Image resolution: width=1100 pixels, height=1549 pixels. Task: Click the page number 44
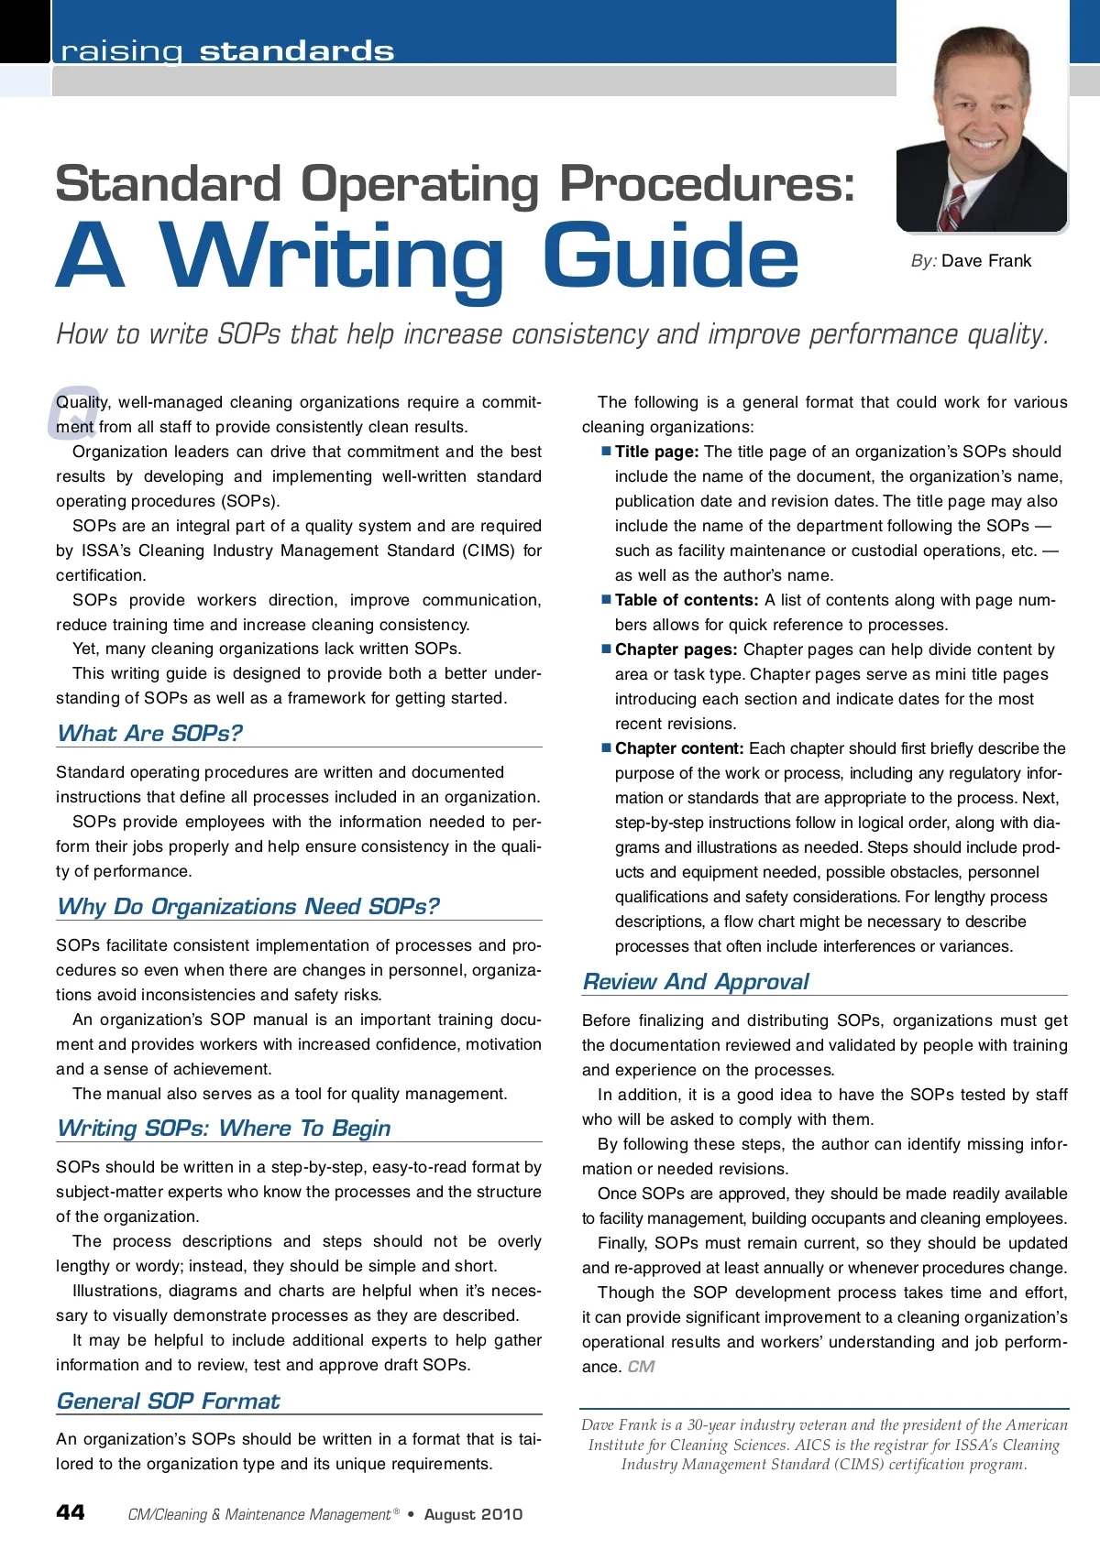click(x=71, y=1512)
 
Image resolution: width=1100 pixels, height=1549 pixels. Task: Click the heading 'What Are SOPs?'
click(x=149, y=733)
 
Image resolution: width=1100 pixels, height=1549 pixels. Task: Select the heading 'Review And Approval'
click(x=696, y=981)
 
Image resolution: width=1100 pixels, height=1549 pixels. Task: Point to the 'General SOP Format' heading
click(x=168, y=1401)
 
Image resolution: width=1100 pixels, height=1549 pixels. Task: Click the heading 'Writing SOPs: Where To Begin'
click(x=224, y=1128)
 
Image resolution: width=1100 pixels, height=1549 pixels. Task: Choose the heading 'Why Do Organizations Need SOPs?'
click(x=247, y=906)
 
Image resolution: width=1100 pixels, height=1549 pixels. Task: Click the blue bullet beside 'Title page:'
click(x=606, y=451)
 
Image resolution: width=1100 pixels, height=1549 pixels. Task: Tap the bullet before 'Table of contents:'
click(x=606, y=599)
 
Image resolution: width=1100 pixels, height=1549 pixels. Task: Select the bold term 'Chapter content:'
click(x=679, y=748)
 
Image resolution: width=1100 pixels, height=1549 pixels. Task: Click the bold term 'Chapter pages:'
click(x=676, y=649)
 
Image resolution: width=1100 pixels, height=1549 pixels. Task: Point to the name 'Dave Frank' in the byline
click(x=986, y=261)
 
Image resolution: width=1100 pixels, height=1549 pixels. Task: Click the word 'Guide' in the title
click(x=670, y=257)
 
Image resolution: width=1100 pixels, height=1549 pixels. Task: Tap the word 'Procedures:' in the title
click(x=707, y=183)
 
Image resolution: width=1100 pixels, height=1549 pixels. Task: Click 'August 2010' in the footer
click(x=473, y=1514)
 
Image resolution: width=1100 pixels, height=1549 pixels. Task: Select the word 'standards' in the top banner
click(x=297, y=51)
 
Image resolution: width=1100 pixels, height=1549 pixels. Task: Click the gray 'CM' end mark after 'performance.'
click(x=641, y=1367)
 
